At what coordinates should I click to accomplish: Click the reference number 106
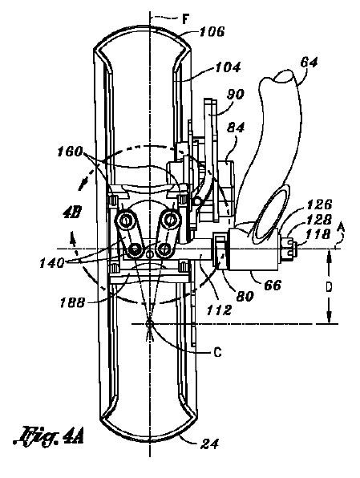tap(212, 32)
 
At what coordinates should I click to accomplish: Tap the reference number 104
tap(228, 67)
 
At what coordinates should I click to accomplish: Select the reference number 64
tap(309, 63)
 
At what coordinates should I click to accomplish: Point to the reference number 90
tap(235, 95)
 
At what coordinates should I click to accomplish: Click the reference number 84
tap(236, 128)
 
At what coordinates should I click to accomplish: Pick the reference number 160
tap(70, 152)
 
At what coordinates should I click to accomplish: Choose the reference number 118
tap(318, 234)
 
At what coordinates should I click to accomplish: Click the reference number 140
tap(52, 263)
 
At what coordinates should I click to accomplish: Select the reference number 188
tap(71, 303)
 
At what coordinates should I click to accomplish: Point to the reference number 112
tap(219, 310)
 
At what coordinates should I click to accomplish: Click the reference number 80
tap(245, 296)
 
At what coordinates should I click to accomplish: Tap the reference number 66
tap(273, 286)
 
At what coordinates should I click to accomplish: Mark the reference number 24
tap(209, 444)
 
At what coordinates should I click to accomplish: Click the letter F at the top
tap(185, 20)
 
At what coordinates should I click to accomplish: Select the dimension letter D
tap(328, 287)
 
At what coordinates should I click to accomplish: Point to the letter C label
tap(217, 353)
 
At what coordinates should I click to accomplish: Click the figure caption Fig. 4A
tap(48, 438)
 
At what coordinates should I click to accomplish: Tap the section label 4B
tap(72, 213)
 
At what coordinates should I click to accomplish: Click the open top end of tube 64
tap(285, 76)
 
